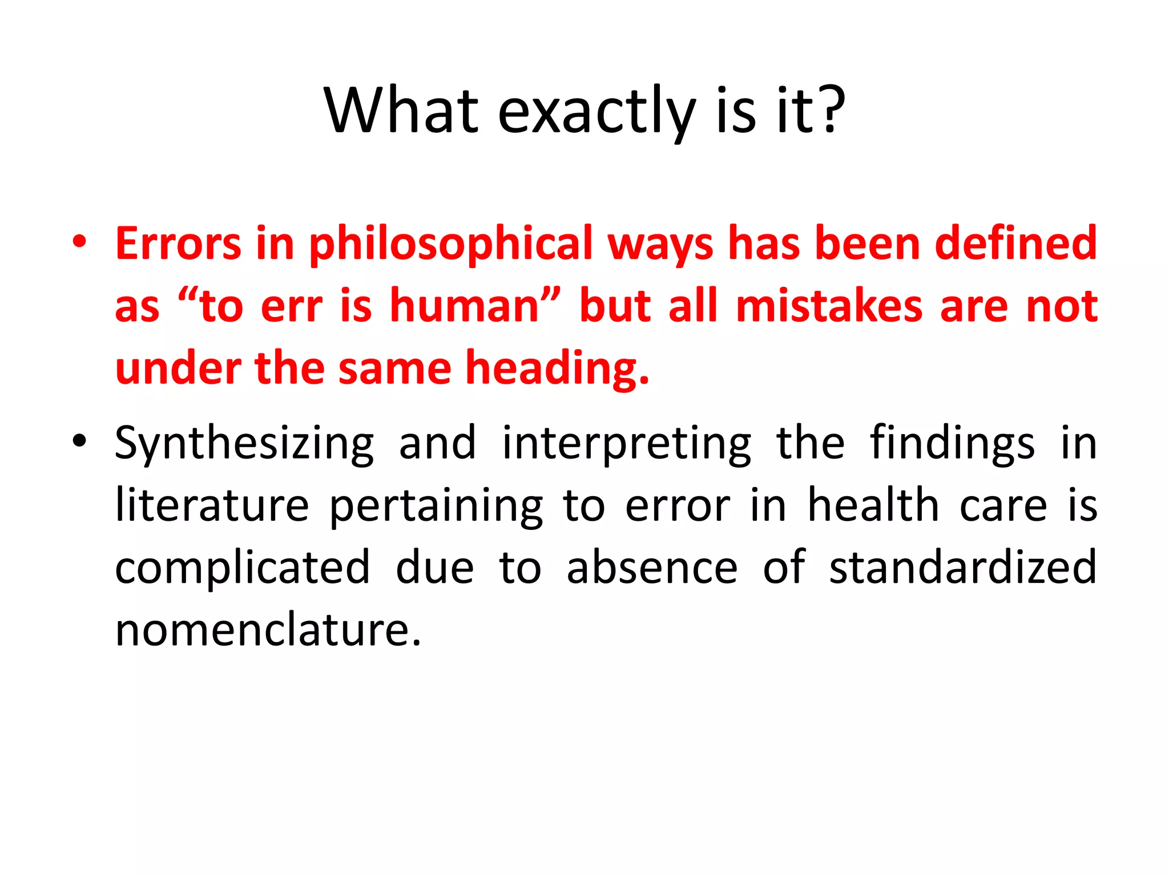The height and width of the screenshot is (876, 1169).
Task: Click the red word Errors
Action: pos(178,244)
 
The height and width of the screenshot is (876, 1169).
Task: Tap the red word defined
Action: pos(1015,244)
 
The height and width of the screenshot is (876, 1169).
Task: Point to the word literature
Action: pos(212,506)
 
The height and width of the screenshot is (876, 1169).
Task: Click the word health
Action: pos(873,506)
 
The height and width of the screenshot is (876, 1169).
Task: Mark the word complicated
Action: pos(243,569)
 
